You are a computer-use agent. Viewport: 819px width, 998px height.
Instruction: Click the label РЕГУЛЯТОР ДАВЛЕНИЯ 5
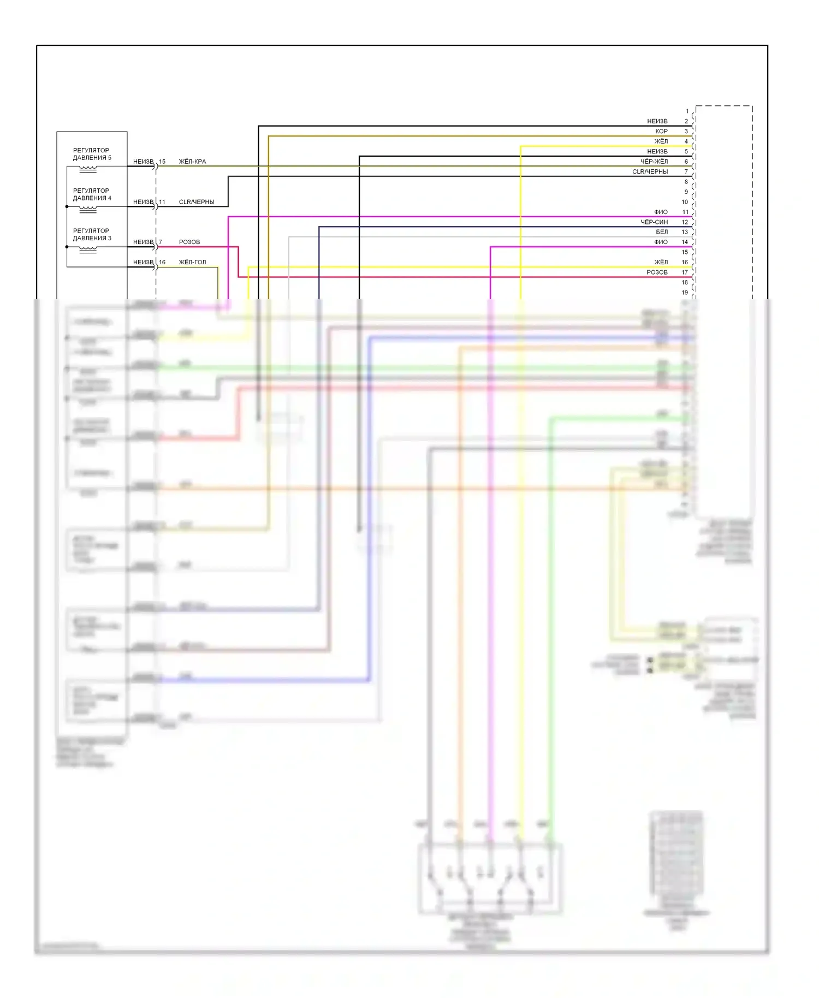[x=92, y=154]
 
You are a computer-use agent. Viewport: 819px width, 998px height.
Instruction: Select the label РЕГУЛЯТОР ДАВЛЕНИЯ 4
[x=92, y=194]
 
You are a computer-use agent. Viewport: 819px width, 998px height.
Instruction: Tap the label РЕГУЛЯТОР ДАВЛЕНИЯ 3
[x=92, y=234]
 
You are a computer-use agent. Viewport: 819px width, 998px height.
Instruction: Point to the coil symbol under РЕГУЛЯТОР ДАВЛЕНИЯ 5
[x=88, y=169]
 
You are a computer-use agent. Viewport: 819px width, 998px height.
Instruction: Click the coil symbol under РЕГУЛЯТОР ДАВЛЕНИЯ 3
[x=88, y=249]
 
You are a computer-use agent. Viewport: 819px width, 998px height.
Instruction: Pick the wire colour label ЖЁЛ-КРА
[x=192, y=162]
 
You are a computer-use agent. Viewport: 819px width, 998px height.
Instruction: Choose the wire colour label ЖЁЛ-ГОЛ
[x=192, y=262]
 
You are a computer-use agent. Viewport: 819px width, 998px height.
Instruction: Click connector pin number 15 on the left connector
[x=162, y=162]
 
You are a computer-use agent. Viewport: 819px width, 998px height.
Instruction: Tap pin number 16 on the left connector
[x=162, y=262]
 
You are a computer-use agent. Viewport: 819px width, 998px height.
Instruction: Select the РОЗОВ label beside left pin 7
[x=189, y=242]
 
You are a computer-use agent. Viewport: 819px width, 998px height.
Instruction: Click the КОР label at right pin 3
[x=661, y=131]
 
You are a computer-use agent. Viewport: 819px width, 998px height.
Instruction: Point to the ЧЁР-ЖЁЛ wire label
[x=654, y=162]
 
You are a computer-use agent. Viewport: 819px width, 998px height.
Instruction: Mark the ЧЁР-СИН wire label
[x=654, y=222]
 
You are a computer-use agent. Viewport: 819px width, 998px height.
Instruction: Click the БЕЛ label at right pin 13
[x=662, y=232]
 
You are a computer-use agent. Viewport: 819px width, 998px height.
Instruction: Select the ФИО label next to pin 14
[x=661, y=242]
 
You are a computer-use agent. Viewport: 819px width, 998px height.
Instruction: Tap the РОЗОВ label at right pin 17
[x=657, y=272]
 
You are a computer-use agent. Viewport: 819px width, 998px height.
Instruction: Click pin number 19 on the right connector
[x=685, y=293]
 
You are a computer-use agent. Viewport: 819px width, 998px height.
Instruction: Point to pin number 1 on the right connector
[x=687, y=111]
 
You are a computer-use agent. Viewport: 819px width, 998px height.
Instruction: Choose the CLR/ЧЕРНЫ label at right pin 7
[x=650, y=171]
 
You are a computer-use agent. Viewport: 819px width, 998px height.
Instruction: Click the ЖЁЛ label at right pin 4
[x=661, y=141]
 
